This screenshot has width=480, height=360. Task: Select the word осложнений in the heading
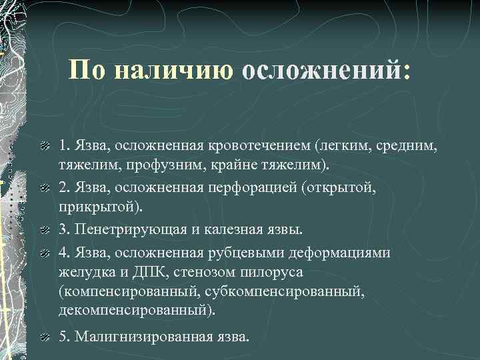click(326, 71)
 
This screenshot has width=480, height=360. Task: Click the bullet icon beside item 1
click(45, 145)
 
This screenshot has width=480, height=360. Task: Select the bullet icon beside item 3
click(45, 231)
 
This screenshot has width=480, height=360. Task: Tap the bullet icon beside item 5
click(45, 337)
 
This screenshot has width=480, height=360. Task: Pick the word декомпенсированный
click(137, 311)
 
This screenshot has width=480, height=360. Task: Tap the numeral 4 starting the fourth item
click(63, 253)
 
